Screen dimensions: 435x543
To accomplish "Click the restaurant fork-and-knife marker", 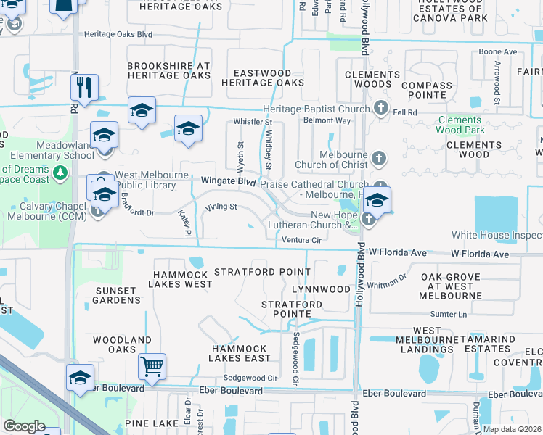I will [x=85, y=87].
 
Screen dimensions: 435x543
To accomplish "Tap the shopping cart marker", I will [x=152, y=366].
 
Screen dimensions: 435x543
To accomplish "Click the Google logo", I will [x=24, y=426].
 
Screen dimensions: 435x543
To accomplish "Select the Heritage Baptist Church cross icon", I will [x=380, y=109].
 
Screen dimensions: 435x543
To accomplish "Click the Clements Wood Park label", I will [x=460, y=125].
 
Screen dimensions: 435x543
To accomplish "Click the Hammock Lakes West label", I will [x=181, y=280].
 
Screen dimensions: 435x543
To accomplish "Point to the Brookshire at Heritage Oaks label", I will [x=168, y=70].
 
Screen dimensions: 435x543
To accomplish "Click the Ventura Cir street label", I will [x=301, y=240].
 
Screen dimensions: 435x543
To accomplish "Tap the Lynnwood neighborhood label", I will [x=321, y=289].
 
